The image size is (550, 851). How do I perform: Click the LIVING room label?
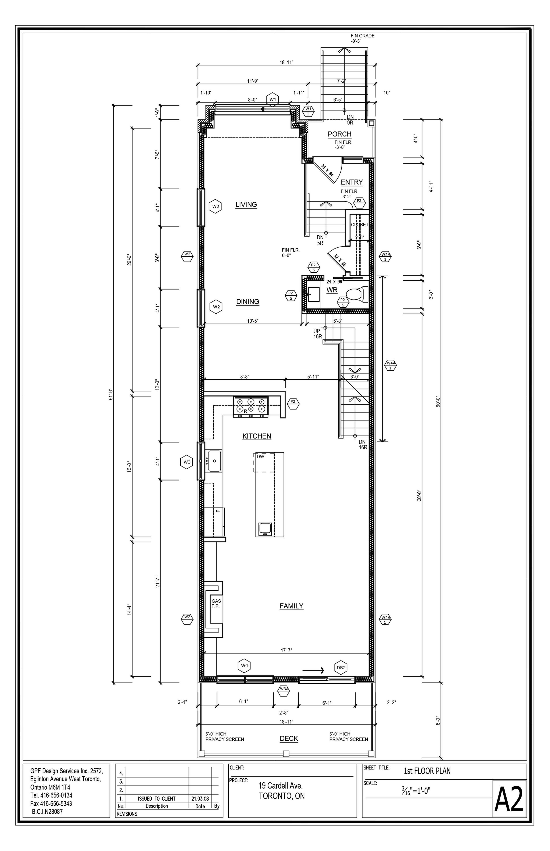pos(246,205)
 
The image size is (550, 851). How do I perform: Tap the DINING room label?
pos(247,301)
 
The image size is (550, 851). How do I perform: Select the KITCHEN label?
pos(257,436)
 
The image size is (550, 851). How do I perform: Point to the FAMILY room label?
pos(291,606)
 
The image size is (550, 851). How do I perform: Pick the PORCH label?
pos(340,134)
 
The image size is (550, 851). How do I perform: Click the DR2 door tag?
pos(341,667)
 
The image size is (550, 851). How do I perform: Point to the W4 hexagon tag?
pos(245,666)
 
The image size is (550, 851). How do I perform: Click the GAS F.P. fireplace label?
pos(216,603)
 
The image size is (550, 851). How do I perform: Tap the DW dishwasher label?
pos(260,457)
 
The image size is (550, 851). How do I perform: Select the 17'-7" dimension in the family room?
pos(286,650)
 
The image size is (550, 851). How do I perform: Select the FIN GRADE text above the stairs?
pos(363,36)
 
